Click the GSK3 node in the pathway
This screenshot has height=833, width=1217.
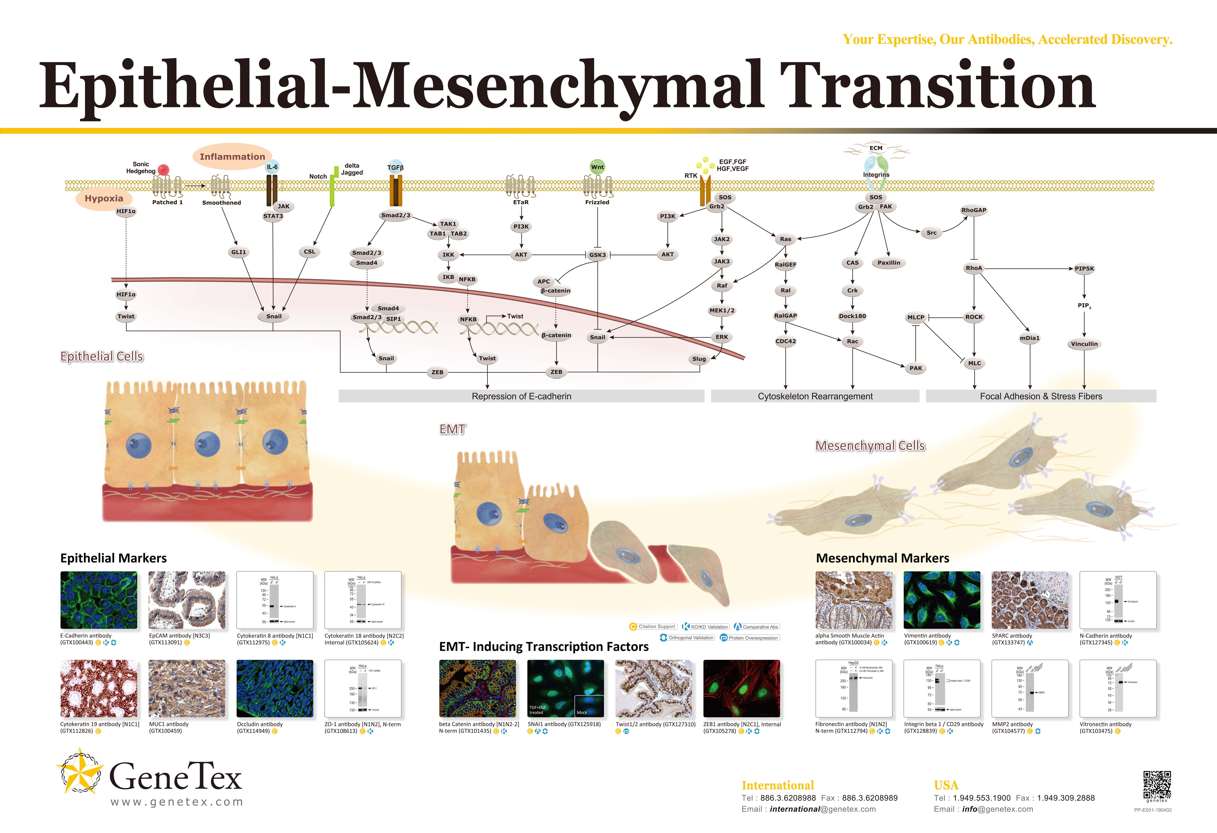click(x=597, y=255)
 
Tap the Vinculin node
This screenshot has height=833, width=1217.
click(x=1084, y=344)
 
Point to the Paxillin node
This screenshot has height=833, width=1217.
click(x=889, y=263)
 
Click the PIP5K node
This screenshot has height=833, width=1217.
click(x=1084, y=268)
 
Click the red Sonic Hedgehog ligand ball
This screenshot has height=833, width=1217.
click(x=163, y=170)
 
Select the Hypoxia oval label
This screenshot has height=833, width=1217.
click(x=104, y=198)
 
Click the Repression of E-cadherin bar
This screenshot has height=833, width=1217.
click(x=521, y=396)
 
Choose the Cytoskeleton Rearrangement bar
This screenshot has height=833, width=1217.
click(x=815, y=396)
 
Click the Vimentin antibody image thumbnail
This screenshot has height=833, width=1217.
click(x=942, y=600)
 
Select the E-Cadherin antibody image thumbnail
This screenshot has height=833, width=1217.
click(x=98, y=600)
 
